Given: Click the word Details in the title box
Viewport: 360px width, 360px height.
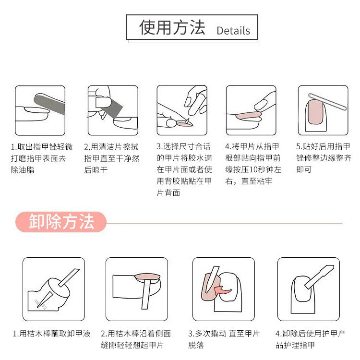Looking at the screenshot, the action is click(233, 31).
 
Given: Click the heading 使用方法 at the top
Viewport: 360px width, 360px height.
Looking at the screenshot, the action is click(172, 27).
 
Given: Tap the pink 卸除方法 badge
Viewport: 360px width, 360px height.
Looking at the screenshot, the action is click(61, 222).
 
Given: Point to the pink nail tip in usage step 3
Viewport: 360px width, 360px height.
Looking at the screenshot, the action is click(185, 124).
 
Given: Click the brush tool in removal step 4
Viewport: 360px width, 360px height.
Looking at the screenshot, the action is click(319, 276).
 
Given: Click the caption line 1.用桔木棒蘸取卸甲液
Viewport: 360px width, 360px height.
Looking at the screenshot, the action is click(52, 334).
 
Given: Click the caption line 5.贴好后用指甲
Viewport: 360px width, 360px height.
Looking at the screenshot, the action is click(323, 146).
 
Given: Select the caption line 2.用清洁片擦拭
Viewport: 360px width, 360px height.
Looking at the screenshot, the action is click(111, 146).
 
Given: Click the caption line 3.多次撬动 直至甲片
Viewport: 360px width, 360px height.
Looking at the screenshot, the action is click(224, 334).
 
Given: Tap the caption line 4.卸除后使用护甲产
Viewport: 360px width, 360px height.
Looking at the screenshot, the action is click(311, 334).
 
